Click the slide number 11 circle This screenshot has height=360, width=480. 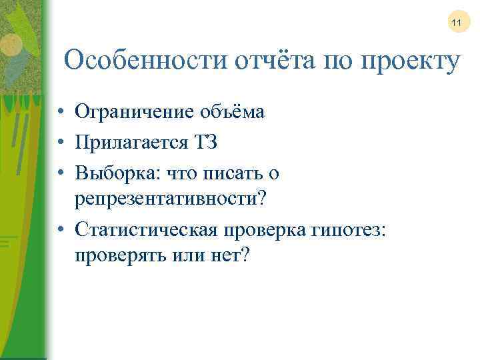click(457, 23)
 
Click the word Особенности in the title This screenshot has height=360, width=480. click(145, 61)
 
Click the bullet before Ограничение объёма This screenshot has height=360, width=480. click(60, 112)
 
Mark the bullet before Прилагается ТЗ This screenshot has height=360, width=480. click(60, 143)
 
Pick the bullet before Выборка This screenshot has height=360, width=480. click(60, 173)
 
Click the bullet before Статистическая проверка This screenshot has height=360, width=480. click(60, 229)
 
